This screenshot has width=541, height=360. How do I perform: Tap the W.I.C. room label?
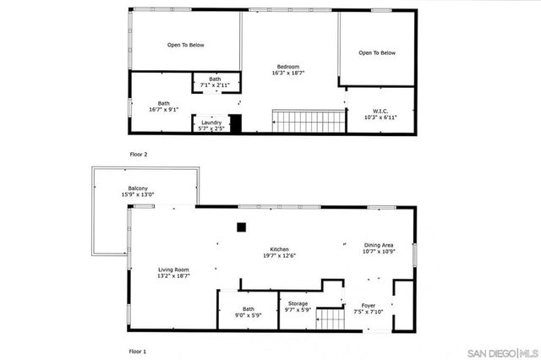point(380,111)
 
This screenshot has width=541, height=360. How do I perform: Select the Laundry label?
point(210,123)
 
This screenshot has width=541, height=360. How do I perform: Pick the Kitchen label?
point(280,249)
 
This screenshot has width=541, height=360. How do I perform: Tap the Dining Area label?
point(379,245)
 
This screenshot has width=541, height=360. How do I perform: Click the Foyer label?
point(368,305)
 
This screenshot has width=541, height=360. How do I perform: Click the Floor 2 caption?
point(138,155)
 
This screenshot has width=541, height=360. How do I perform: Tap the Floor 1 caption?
point(138,350)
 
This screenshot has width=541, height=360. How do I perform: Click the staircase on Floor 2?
point(309,121)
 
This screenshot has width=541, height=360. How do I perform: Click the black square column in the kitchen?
point(242,226)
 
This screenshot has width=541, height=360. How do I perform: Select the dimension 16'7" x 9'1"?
point(163,109)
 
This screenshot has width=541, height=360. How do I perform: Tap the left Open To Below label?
point(185,45)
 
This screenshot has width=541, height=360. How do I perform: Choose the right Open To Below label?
point(376,52)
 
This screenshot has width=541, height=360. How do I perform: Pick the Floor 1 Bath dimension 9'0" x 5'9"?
point(248,315)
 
